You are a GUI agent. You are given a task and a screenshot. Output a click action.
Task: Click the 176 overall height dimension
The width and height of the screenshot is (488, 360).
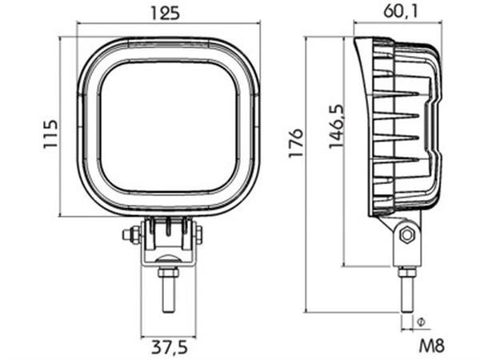(x=297, y=142)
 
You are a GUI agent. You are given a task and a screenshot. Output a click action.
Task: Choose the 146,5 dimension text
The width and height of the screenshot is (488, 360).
(x=335, y=124)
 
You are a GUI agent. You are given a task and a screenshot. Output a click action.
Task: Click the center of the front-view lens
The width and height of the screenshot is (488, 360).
(x=168, y=126)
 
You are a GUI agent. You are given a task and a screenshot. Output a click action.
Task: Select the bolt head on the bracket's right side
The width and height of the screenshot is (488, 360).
(x=199, y=234)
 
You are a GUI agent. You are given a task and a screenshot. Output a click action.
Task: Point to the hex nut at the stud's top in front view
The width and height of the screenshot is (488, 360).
(x=168, y=272)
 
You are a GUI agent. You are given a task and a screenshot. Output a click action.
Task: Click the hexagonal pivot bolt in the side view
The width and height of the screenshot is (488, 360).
(x=406, y=234)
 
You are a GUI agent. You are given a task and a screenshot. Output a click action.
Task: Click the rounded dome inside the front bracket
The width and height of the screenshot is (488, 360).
(x=168, y=258)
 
